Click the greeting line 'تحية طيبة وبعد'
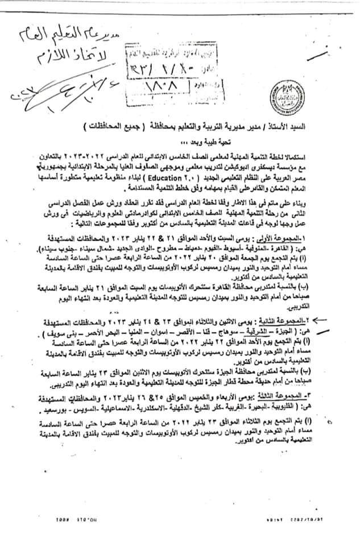tap(312, 142)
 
